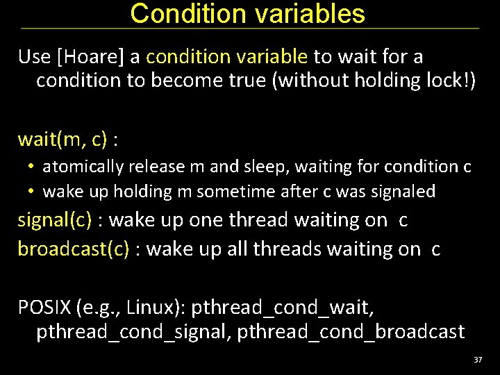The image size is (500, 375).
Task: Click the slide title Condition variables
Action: pos(247,14)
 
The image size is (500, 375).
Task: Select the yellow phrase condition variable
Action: pos(227,56)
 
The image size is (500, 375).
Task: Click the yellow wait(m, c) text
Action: pos(62,140)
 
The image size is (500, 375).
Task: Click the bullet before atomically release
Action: pos(32,167)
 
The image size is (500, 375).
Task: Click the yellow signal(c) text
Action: pos(55,220)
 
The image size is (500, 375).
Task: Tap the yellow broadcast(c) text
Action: pos(74,249)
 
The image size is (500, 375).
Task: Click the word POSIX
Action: pos(46,306)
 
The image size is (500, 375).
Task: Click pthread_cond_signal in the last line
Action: pos(132,332)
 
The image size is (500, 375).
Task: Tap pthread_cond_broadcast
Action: pos(351,332)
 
